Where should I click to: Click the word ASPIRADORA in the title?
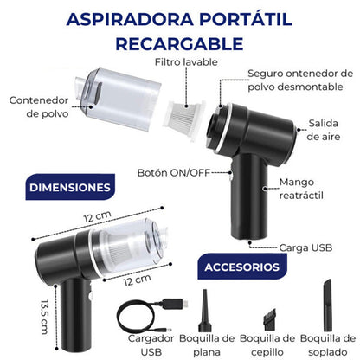pos(130,19)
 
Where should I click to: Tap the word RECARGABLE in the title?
pos(180,42)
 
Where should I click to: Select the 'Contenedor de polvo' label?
pos(35,106)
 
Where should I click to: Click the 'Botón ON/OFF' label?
pos(171,173)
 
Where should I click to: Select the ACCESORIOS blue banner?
pos(241,267)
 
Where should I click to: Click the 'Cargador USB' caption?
pos(144,344)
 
